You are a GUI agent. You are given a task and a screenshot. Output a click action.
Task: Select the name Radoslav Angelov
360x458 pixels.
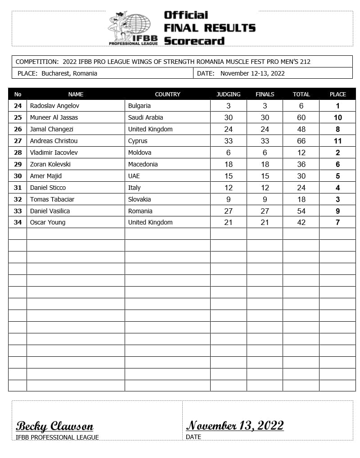click(54, 106)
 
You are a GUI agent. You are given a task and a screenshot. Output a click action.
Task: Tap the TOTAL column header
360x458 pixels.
click(301, 94)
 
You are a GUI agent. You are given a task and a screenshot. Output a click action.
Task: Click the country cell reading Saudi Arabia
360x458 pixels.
click(145, 117)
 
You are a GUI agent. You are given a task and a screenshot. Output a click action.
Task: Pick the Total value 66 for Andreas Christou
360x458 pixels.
click(301, 141)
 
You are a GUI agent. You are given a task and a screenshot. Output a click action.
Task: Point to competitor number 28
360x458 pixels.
click(18, 153)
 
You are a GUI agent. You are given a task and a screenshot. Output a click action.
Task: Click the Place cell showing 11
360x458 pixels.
click(337, 141)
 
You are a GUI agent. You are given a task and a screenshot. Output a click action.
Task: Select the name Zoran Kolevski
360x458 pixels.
click(50, 164)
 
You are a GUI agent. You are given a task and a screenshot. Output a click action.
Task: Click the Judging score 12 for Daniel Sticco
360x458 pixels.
click(228, 188)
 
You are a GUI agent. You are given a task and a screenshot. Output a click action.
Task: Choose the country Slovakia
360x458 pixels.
click(139, 199)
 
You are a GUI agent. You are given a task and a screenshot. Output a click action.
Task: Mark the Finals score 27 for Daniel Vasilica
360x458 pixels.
click(265, 211)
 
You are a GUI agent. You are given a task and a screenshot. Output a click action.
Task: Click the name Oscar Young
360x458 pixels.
click(48, 222)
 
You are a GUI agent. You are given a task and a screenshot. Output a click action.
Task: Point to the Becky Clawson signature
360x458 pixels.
click(55, 426)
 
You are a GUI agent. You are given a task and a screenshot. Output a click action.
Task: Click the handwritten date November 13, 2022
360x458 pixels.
click(235, 425)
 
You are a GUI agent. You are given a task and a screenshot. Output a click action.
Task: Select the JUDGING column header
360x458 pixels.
click(228, 94)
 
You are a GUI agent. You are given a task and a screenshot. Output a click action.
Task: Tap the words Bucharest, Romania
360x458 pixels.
click(69, 73)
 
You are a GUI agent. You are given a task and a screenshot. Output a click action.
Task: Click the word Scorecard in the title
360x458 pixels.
click(194, 41)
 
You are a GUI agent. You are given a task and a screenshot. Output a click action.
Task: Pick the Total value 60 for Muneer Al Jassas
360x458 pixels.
click(301, 117)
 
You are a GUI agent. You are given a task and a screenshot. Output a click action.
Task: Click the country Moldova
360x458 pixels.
click(139, 153)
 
